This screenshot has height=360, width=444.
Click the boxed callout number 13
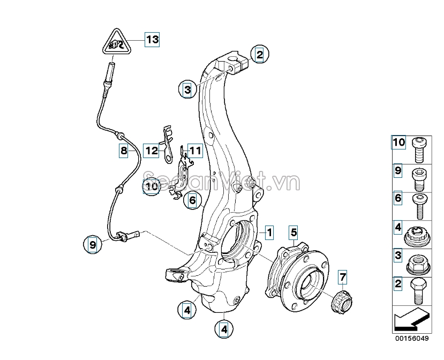[152, 39]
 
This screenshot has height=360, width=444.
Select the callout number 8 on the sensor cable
[124, 151]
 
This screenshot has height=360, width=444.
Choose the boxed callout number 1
[269, 232]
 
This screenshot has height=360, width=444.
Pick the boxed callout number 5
[294, 232]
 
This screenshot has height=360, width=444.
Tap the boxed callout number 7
[343, 277]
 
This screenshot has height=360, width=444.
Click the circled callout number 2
[259, 54]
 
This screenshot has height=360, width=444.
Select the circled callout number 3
[187, 89]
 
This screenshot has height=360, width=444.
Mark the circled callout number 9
[93, 245]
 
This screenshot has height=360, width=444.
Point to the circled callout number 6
[192, 201]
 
